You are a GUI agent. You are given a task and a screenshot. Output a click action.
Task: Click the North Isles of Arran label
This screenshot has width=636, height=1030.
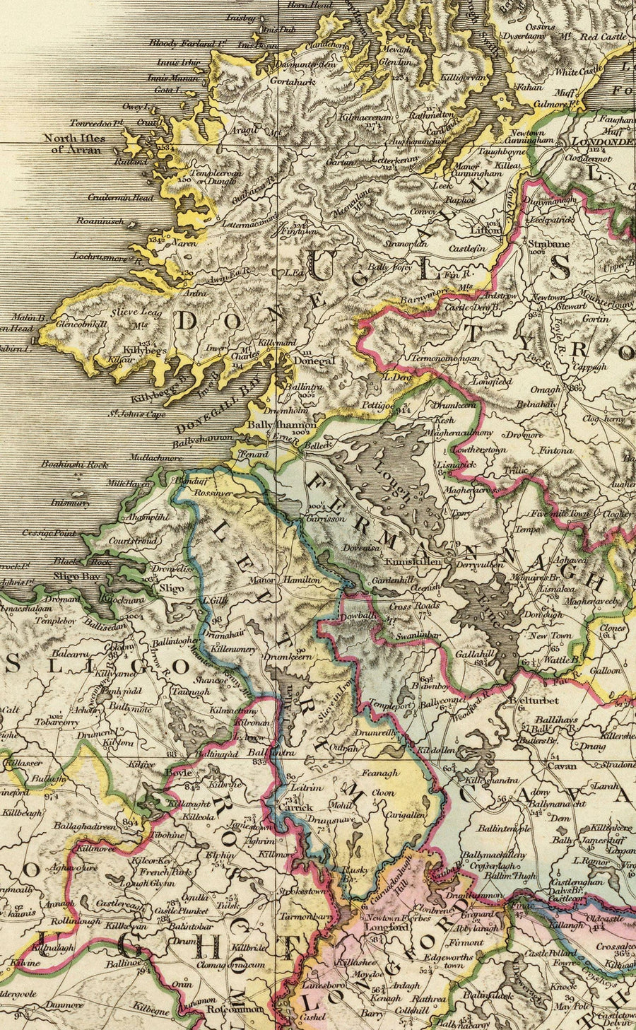(73, 144)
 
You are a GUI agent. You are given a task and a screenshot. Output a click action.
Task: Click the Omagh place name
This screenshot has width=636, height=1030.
(546, 389)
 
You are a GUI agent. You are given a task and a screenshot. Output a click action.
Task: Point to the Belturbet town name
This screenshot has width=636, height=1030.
(534, 700)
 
